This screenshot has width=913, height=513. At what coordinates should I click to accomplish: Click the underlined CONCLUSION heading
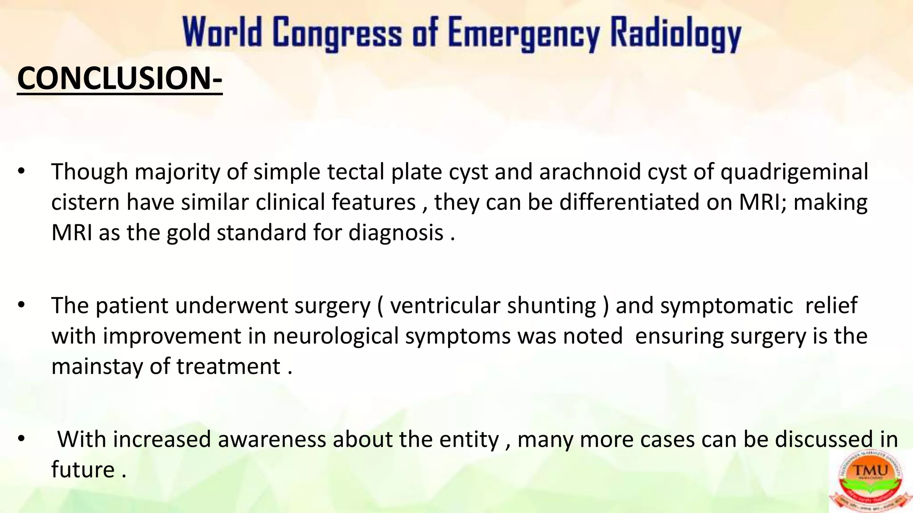point(119,78)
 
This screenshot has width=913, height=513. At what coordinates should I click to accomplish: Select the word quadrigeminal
point(794,172)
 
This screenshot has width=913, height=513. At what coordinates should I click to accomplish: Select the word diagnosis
point(395,233)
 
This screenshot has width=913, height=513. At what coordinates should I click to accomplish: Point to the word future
point(83,470)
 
